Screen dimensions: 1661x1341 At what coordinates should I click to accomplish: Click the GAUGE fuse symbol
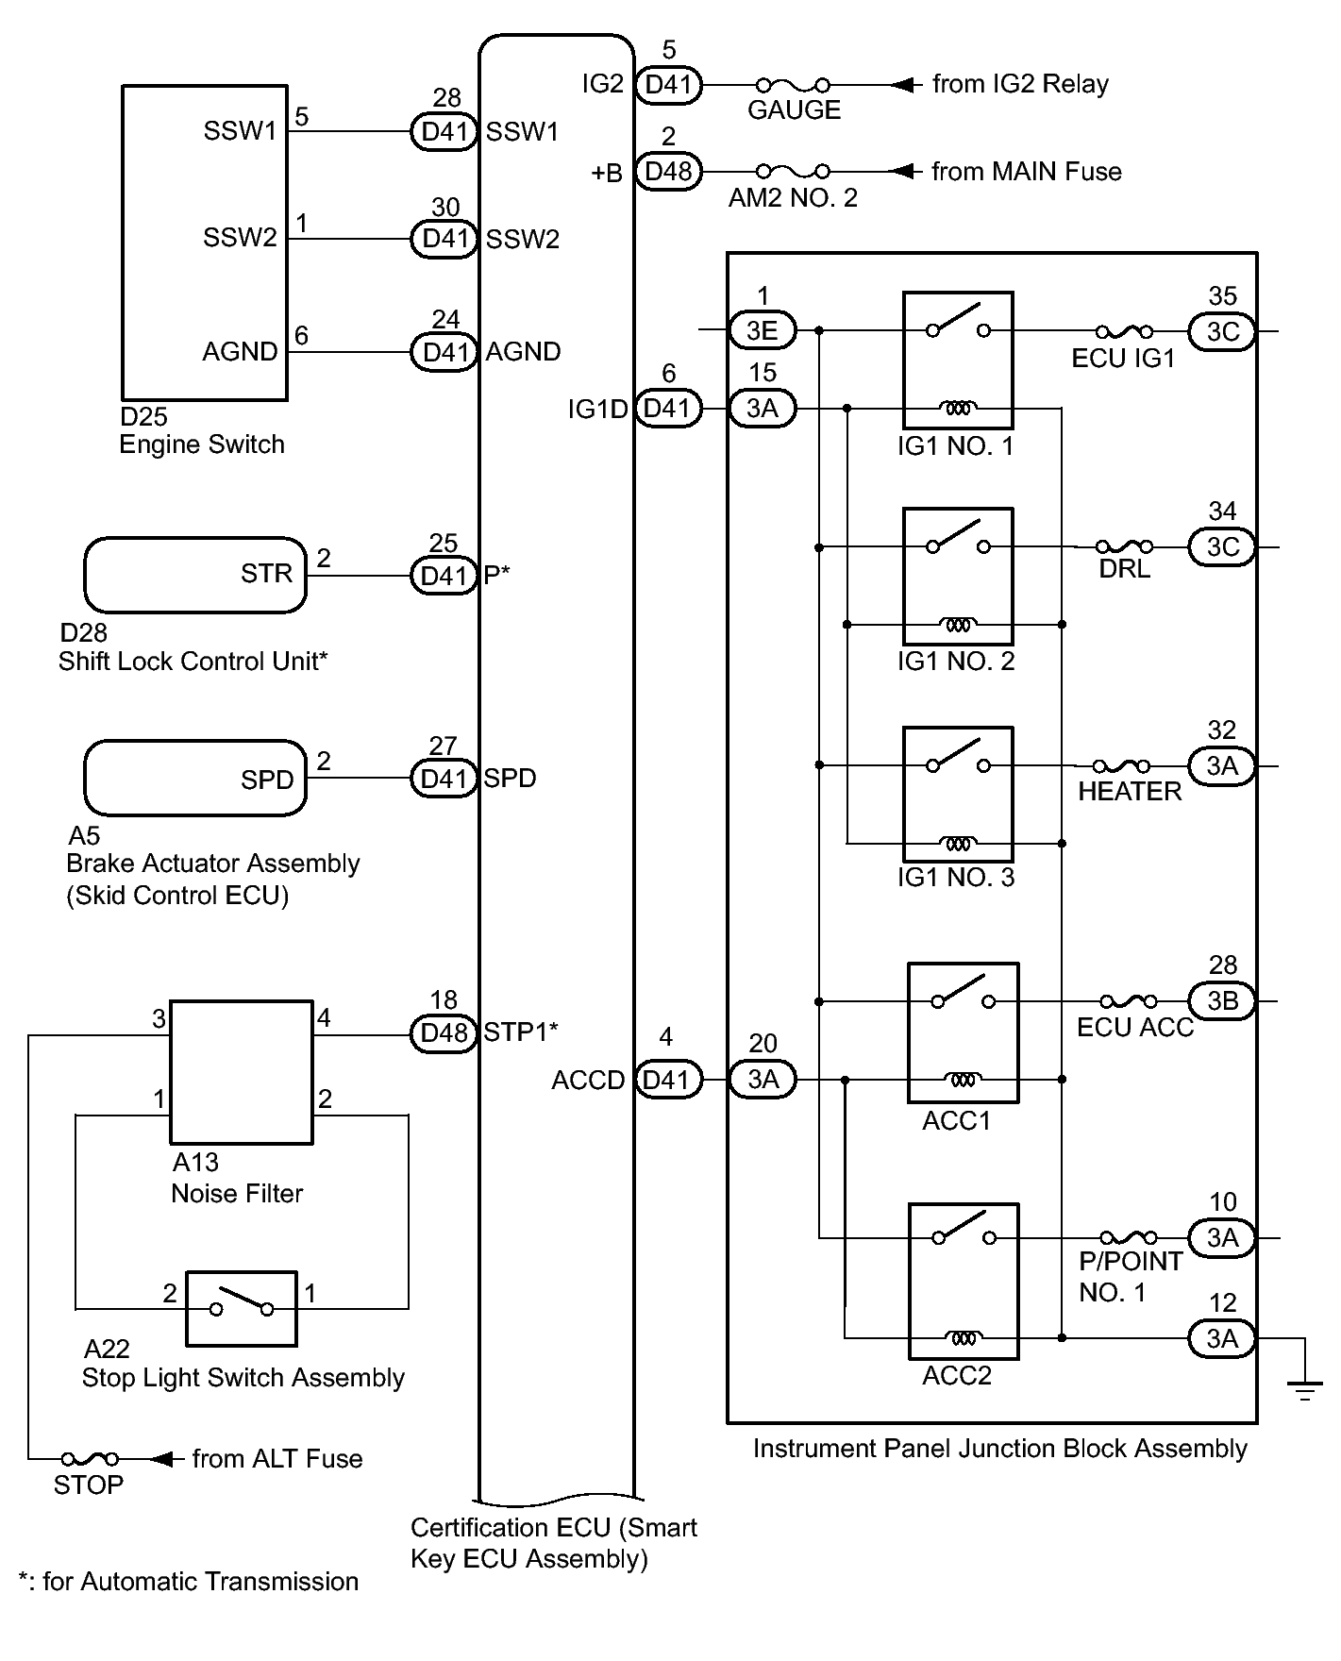[794, 85]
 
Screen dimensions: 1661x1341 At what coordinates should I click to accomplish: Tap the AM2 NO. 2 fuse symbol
[794, 172]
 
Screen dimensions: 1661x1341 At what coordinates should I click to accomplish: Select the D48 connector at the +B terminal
[668, 172]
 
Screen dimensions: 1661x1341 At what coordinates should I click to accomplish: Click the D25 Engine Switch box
[205, 243]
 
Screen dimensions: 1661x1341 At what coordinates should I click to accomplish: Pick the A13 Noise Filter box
[241, 1071]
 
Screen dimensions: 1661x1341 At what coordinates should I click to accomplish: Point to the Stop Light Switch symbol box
[241, 1308]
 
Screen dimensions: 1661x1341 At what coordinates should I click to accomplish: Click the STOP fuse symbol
[90, 1460]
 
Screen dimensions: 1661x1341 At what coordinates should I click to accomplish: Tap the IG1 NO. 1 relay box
[958, 361]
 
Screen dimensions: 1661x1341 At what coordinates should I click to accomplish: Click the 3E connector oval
[762, 330]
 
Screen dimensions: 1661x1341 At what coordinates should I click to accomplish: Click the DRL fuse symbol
[1124, 546]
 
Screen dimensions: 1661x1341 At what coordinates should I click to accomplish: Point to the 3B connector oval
[1222, 1000]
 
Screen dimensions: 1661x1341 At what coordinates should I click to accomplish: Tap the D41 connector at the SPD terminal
[444, 779]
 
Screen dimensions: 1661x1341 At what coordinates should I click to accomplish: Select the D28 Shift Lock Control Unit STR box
[195, 575]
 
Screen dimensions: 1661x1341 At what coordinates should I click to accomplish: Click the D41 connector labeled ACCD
[668, 1079]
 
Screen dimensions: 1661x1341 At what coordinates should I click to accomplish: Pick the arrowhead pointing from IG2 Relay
[904, 85]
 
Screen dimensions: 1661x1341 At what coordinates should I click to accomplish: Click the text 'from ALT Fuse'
[277, 1459]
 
